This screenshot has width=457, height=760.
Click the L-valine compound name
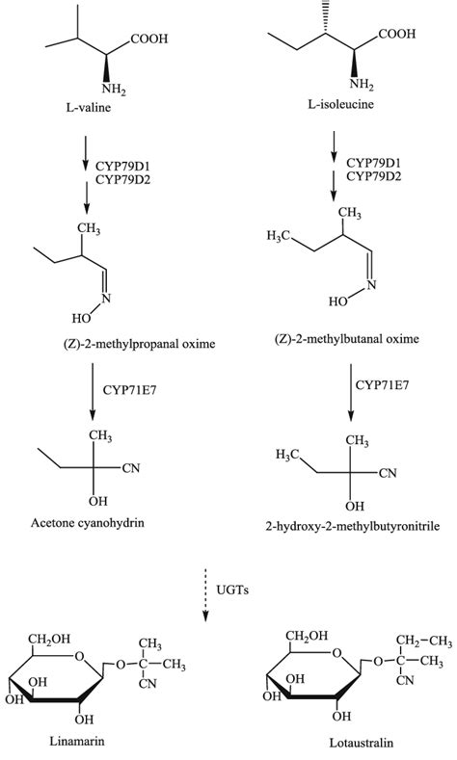[x=89, y=107]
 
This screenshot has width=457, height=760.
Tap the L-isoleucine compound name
[x=340, y=104]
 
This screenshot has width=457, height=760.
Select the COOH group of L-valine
[x=148, y=39]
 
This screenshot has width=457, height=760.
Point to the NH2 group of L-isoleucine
[x=362, y=86]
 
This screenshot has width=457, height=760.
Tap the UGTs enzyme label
[x=232, y=590]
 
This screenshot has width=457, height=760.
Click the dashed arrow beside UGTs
[x=205, y=595]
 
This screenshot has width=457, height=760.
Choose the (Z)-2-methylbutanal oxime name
[x=346, y=338]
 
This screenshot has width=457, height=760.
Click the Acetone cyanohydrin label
[x=88, y=523]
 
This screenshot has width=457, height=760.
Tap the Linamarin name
[x=77, y=741]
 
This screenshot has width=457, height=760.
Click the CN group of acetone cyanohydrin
[x=130, y=468]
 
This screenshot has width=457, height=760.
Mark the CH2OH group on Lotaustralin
[x=307, y=636]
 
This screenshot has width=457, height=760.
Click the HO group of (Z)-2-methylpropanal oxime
[x=81, y=319]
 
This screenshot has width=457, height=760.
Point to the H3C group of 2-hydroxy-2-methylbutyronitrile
[x=286, y=455]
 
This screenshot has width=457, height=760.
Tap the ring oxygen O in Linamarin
[x=80, y=657]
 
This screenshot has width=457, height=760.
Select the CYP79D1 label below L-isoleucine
[x=373, y=163]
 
